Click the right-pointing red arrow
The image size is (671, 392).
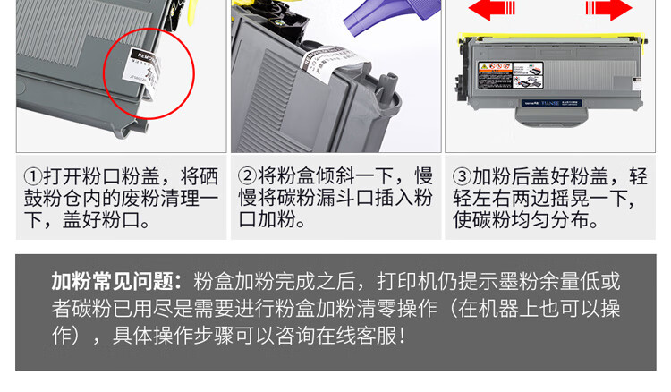click(x=608, y=10)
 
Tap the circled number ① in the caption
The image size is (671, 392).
click(x=33, y=176)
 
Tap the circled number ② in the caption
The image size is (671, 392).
click(x=248, y=176)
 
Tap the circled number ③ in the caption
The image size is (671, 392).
click(x=463, y=176)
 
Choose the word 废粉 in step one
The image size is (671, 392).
click(x=123, y=198)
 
